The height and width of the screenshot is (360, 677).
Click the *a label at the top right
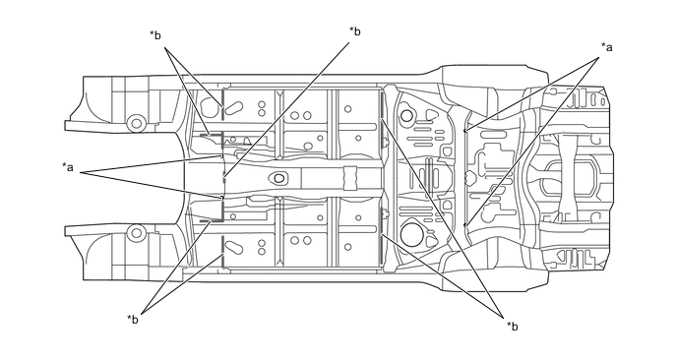click(606, 47)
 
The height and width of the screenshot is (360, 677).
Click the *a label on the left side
click(68, 166)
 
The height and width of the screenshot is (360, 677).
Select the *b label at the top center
click(355, 31)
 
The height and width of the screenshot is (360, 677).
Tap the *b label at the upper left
click(155, 35)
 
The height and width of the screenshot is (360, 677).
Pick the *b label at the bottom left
click(133, 320)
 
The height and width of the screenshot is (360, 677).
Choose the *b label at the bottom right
click(513, 327)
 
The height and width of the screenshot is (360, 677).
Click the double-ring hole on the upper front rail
click(137, 123)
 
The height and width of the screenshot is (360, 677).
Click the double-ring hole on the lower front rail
click(137, 233)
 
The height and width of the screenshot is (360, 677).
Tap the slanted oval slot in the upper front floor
click(234, 107)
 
